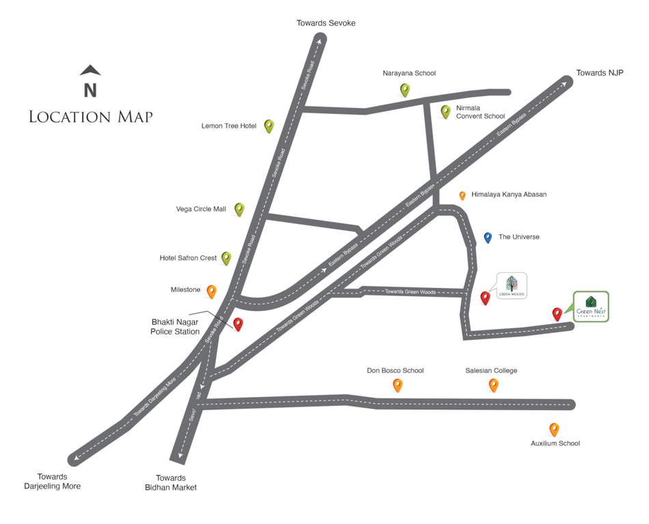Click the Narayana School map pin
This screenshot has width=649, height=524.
(405, 89)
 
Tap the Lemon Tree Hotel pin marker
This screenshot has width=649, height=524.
(269, 126)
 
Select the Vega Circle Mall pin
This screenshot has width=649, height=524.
(239, 209)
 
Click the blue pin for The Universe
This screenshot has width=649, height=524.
(488, 237)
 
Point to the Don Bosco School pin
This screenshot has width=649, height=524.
(398, 385)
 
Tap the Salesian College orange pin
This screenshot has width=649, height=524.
(494, 385)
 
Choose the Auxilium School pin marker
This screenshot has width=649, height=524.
(554, 429)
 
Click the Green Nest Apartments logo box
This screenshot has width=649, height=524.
(591, 306)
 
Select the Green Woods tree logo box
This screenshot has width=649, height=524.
(512, 285)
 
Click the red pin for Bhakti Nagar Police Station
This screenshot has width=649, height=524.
(238, 324)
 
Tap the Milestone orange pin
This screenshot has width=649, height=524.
(212, 291)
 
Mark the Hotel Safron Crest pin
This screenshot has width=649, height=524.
(226, 258)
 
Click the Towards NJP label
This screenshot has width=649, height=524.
(600, 73)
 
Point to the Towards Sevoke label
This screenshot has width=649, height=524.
(326, 23)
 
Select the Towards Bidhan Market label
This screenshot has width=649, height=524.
(171, 482)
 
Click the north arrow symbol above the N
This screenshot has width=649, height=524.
(90, 70)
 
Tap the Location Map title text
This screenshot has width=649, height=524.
(91, 117)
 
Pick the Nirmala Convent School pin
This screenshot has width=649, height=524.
(445, 111)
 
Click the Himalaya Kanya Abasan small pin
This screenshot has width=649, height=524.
(462, 195)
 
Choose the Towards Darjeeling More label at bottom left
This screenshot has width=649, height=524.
(53, 481)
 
